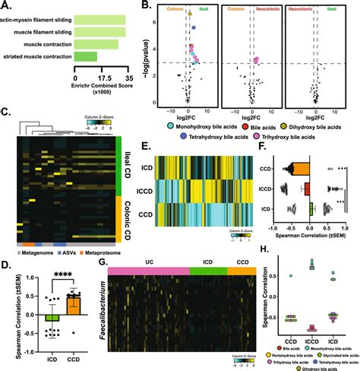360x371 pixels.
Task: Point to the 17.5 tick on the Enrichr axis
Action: point(100,78)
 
